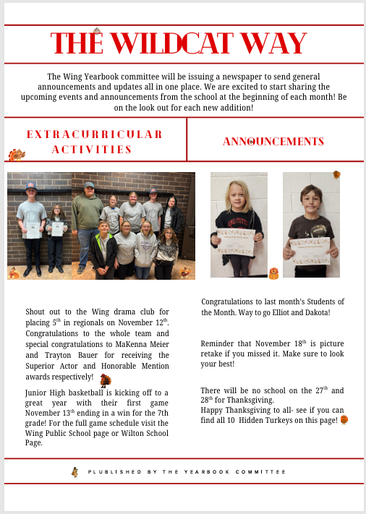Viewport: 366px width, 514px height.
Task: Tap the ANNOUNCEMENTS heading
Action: [273, 141]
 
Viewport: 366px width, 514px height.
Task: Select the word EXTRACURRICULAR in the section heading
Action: [94, 134]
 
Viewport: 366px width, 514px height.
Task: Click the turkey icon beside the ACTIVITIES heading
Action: [16, 155]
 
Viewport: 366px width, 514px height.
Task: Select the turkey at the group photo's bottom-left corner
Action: [14, 273]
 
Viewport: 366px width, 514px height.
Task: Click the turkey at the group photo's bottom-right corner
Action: [185, 272]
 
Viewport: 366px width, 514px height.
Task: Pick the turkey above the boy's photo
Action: [336, 174]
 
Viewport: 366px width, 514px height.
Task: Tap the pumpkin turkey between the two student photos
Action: [273, 273]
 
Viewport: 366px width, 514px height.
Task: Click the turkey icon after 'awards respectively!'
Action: [106, 380]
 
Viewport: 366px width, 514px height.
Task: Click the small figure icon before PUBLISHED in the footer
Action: [75, 471]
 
